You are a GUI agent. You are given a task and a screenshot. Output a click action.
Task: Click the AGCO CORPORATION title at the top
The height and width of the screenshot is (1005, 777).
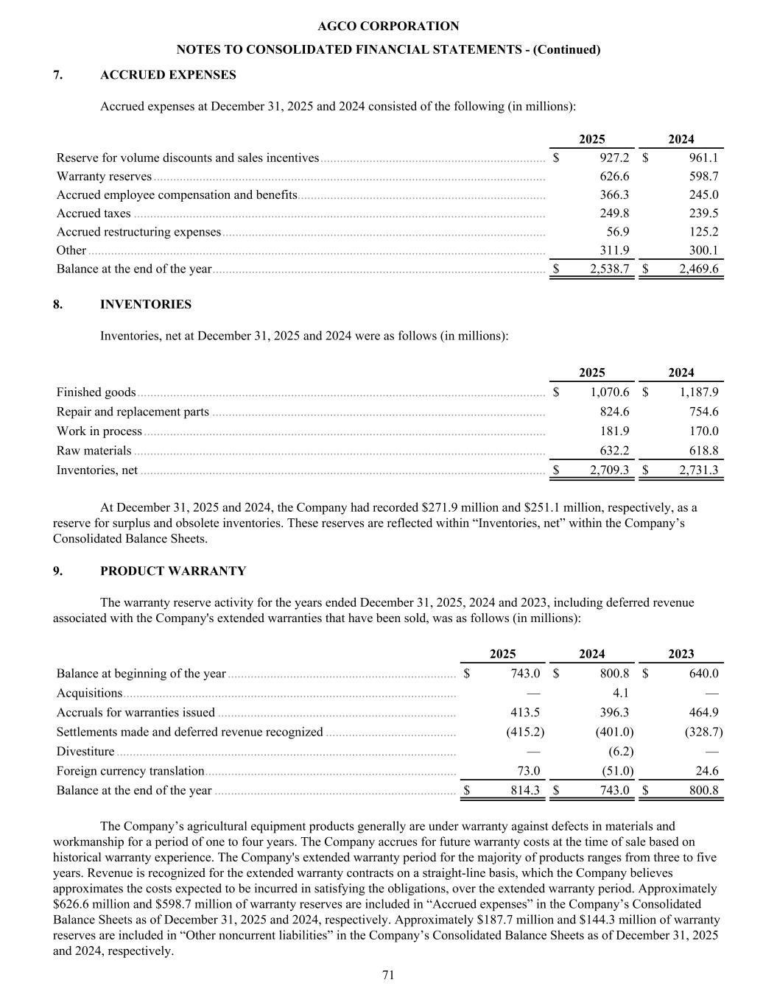(x=388, y=27)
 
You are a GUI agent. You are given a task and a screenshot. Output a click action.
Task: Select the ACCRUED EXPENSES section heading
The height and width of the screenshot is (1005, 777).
(x=168, y=75)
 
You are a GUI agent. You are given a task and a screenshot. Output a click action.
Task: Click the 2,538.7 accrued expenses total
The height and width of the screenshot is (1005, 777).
(x=609, y=269)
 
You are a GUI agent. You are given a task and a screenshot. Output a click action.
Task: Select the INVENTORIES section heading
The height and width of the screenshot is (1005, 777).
(x=145, y=305)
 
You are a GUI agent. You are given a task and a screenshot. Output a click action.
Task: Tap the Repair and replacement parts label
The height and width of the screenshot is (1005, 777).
(x=133, y=412)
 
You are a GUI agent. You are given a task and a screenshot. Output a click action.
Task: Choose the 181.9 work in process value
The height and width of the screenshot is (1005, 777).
(x=614, y=431)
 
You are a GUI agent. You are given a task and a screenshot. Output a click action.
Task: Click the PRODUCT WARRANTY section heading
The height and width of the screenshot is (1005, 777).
(x=173, y=571)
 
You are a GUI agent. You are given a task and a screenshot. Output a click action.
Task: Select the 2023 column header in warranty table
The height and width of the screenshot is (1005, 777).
(x=681, y=654)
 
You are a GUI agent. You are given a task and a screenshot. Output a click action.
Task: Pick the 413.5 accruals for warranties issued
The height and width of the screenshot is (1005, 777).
(x=525, y=713)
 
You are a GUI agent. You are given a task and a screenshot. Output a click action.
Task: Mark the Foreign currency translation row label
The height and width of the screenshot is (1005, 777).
(x=130, y=771)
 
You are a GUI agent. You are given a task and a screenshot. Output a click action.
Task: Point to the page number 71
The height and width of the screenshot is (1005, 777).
(x=388, y=976)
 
